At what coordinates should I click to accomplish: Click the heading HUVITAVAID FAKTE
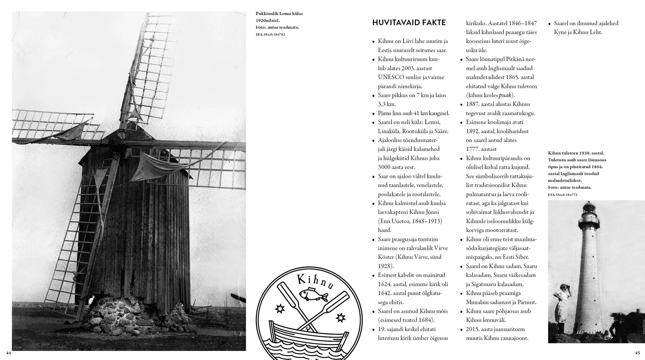click(409, 23)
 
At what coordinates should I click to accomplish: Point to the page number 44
click(9, 352)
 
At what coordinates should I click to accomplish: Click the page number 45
click(637, 352)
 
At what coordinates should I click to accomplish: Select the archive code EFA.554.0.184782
click(270, 34)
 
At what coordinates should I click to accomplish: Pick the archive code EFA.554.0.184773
click(562, 195)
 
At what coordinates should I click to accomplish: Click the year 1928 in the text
click(384, 266)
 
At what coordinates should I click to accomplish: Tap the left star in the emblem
click(279, 309)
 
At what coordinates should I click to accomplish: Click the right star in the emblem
click(340, 317)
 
